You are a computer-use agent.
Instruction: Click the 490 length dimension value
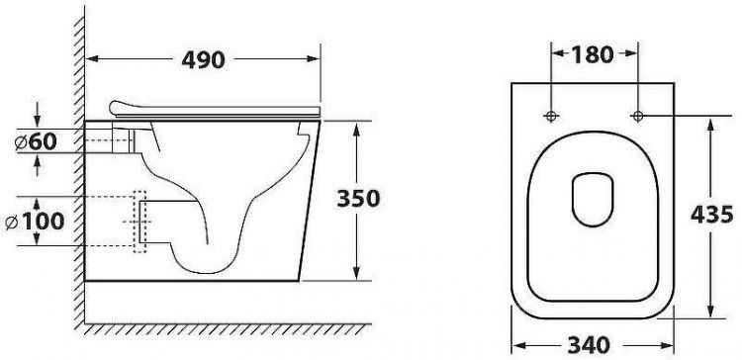[203, 59]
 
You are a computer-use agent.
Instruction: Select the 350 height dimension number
[358, 199]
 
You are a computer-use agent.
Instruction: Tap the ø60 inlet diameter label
[36, 141]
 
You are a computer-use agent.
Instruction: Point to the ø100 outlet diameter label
[35, 221]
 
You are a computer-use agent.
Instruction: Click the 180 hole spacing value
[593, 54]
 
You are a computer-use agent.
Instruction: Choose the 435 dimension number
[711, 215]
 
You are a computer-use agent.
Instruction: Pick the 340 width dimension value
[589, 345]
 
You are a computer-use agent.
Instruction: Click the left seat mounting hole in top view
[551, 116]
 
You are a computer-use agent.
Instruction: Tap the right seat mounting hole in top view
[638, 116]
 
